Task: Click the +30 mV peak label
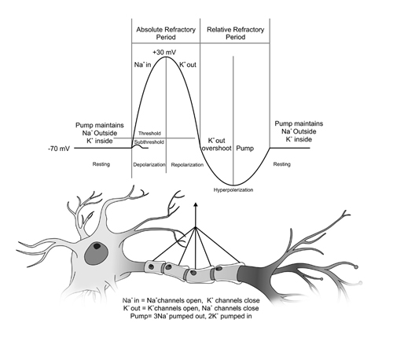pyautogui.click(x=165, y=51)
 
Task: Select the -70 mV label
pyautogui.click(x=60, y=148)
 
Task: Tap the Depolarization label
pyautogui.click(x=149, y=165)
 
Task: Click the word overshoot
pyautogui.click(x=217, y=146)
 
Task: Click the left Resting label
pyautogui.click(x=101, y=165)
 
